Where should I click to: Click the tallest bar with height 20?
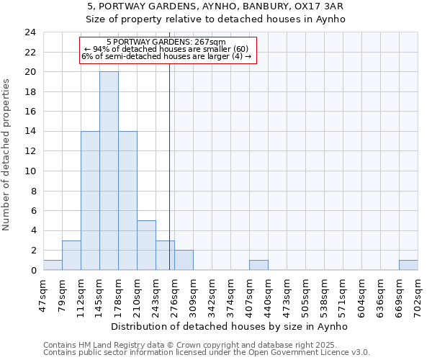(x=109, y=171)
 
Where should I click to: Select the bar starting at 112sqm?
(x=90, y=201)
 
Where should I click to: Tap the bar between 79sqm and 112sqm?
(x=71, y=256)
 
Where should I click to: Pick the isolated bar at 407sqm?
(x=258, y=265)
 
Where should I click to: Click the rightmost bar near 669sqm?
(x=408, y=265)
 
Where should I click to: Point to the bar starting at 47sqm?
(x=53, y=265)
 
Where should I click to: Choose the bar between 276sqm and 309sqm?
(x=184, y=261)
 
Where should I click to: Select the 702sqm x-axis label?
(x=418, y=294)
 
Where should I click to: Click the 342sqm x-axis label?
(x=212, y=294)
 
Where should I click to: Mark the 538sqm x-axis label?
(x=324, y=294)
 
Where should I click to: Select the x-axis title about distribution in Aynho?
(x=230, y=326)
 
